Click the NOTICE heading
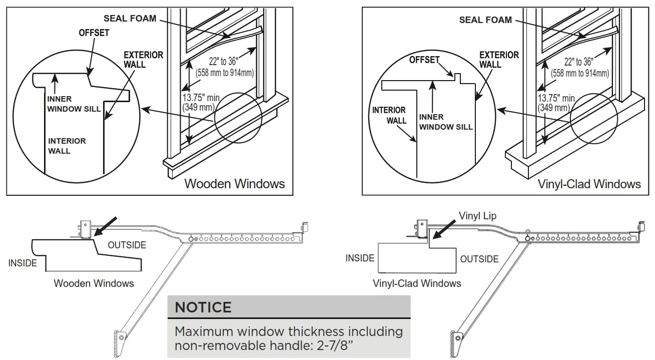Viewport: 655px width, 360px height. pyautogui.click(x=203, y=307)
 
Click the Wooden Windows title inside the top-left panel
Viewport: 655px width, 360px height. pyautogui.click(x=234, y=183)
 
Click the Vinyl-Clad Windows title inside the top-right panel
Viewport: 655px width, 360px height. pyautogui.click(x=589, y=184)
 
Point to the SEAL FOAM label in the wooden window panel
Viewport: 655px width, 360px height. pyautogui.click(x=130, y=19)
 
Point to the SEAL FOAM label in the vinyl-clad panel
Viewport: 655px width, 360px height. pyautogui.click(x=485, y=20)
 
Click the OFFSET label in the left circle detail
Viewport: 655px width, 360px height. pyautogui.click(x=94, y=33)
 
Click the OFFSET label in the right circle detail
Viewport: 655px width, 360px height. pyautogui.click(x=424, y=60)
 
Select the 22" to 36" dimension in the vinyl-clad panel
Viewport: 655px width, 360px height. pyautogui.click(x=578, y=62)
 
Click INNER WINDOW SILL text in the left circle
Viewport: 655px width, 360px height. pyautogui.click(x=74, y=104)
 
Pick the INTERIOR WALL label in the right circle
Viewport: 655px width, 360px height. pyautogui.click(x=389, y=115)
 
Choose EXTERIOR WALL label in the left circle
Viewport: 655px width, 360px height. pyautogui.click(x=143, y=59)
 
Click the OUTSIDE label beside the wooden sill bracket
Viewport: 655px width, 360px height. pyautogui.click(x=127, y=245)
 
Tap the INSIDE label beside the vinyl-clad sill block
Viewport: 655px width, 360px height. pyautogui.click(x=360, y=258)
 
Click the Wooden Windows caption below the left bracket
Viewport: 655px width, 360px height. pyautogui.click(x=94, y=283)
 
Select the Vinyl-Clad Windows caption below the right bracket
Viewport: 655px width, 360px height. pyautogui.click(x=416, y=283)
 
